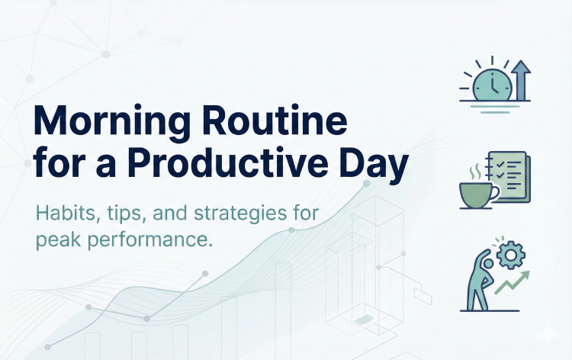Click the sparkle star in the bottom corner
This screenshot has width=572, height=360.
pyautogui.click(x=546, y=336)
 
